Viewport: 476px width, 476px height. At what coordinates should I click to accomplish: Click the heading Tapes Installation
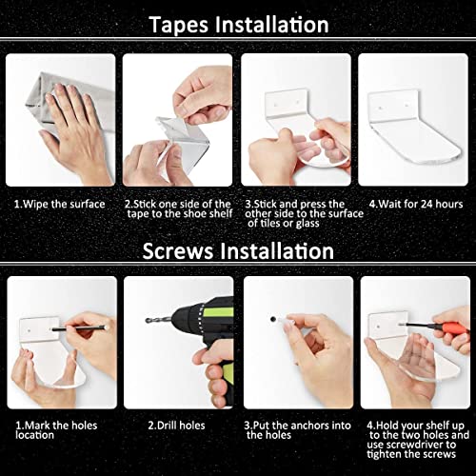pyautogui.click(x=238, y=25)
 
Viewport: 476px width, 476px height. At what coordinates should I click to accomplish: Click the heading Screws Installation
pyautogui.click(x=238, y=251)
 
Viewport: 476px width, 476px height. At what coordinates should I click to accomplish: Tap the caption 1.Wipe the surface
pyautogui.click(x=60, y=204)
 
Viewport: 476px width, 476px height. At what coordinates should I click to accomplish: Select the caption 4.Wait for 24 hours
pyautogui.click(x=416, y=204)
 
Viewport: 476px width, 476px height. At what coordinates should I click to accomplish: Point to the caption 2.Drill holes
pyautogui.click(x=176, y=426)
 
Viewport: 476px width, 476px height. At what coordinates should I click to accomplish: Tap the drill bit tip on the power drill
pyautogui.click(x=148, y=321)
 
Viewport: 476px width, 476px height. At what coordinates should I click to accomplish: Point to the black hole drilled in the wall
pyautogui.click(x=272, y=319)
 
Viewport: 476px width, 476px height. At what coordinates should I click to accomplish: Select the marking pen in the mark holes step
pyautogui.click(x=79, y=328)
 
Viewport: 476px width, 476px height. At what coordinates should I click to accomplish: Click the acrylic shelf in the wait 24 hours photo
pyautogui.click(x=413, y=127)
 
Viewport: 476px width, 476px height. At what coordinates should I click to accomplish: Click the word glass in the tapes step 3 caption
pyautogui.click(x=307, y=224)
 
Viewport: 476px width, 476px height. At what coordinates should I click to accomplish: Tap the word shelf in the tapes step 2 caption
pyautogui.click(x=221, y=213)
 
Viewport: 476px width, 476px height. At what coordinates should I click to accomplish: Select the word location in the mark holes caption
pyautogui.click(x=35, y=435)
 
